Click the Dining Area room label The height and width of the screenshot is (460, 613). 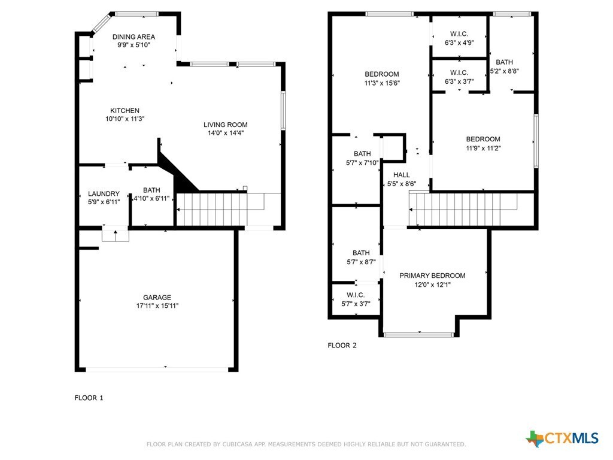point(133,37)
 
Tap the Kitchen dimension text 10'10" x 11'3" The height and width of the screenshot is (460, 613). point(125,119)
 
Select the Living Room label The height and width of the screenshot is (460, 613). point(226,125)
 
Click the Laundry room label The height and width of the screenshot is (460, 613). point(104,193)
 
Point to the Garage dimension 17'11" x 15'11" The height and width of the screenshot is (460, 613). point(157,305)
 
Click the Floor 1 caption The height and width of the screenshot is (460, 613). point(89,398)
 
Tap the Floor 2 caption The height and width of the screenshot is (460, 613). point(342,346)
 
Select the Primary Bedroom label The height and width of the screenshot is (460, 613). point(432,276)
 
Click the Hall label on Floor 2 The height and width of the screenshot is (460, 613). point(402,175)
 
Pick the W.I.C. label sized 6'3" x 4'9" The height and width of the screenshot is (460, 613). point(459,34)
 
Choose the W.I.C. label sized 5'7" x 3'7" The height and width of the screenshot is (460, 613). point(356,295)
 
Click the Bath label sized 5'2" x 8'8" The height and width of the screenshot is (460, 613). point(504,62)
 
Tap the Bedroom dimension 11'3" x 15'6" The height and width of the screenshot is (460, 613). point(382,83)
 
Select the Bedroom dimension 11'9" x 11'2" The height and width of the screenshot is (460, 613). point(483,149)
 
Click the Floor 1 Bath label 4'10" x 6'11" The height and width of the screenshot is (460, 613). point(151,190)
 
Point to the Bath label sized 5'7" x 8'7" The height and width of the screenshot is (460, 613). point(361,253)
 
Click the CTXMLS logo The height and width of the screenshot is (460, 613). point(562,438)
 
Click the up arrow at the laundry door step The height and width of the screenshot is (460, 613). point(116,235)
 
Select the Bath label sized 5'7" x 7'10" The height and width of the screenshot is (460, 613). point(362,154)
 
